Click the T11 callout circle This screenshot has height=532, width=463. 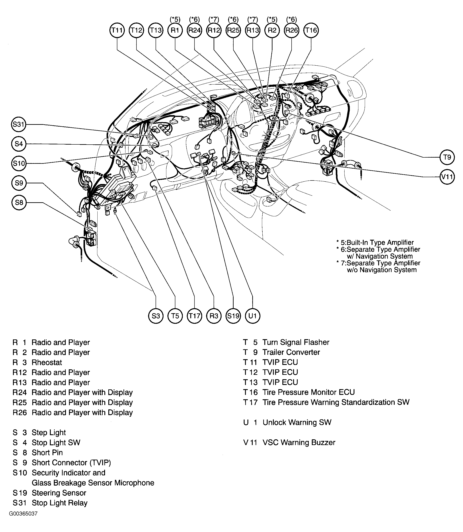click(x=117, y=30)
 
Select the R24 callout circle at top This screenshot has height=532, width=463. click(x=194, y=30)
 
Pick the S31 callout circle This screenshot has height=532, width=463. click(x=19, y=124)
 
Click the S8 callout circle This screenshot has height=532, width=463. click(x=19, y=202)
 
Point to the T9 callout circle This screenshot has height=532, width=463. click(x=447, y=157)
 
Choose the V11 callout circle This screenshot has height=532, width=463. click(x=447, y=177)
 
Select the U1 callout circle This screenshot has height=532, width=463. click(x=252, y=316)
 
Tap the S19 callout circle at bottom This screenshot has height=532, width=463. click(x=233, y=316)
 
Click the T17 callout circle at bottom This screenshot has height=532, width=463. click(x=194, y=316)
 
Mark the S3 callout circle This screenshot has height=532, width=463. click(x=156, y=316)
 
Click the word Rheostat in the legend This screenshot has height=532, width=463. click(x=47, y=362)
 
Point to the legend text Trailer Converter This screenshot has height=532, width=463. click(x=291, y=352)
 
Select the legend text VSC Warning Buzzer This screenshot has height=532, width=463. click(x=299, y=442)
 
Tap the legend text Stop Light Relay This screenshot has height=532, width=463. click(x=60, y=503)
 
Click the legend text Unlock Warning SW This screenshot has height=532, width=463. click(x=297, y=422)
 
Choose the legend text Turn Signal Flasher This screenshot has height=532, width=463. click(x=296, y=342)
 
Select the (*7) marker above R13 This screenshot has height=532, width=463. click(x=252, y=19)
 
